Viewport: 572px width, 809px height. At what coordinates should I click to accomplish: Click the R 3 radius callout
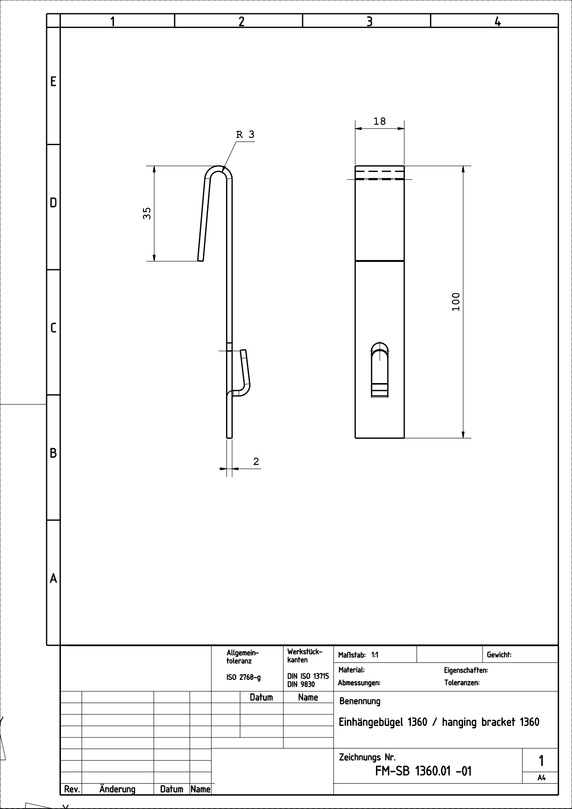[245, 135]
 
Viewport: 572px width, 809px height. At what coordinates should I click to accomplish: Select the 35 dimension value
[147, 213]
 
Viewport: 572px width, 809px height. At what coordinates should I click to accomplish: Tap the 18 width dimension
[379, 121]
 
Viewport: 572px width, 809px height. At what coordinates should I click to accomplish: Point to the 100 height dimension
[456, 301]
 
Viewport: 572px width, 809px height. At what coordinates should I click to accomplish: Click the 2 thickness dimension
[256, 461]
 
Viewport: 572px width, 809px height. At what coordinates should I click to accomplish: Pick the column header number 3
[369, 21]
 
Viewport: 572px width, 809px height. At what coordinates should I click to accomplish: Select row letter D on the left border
[54, 203]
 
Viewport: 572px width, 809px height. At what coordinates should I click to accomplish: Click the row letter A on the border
[54, 579]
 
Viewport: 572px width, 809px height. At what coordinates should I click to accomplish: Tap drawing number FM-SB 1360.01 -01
[423, 771]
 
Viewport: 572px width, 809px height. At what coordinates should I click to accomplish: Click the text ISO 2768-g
[243, 677]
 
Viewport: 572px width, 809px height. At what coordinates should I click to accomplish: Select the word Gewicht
[499, 655]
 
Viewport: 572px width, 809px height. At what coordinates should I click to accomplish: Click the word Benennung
[360, 701]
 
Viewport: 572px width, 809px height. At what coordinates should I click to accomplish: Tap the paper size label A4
[542, 778]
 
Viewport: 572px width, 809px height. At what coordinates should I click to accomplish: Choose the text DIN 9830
[301, 685]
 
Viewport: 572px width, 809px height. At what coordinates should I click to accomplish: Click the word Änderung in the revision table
[117, 789]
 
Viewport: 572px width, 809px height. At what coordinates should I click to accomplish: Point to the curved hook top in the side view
[219, 170]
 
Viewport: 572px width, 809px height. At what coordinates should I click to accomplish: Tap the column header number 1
[113, 21]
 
